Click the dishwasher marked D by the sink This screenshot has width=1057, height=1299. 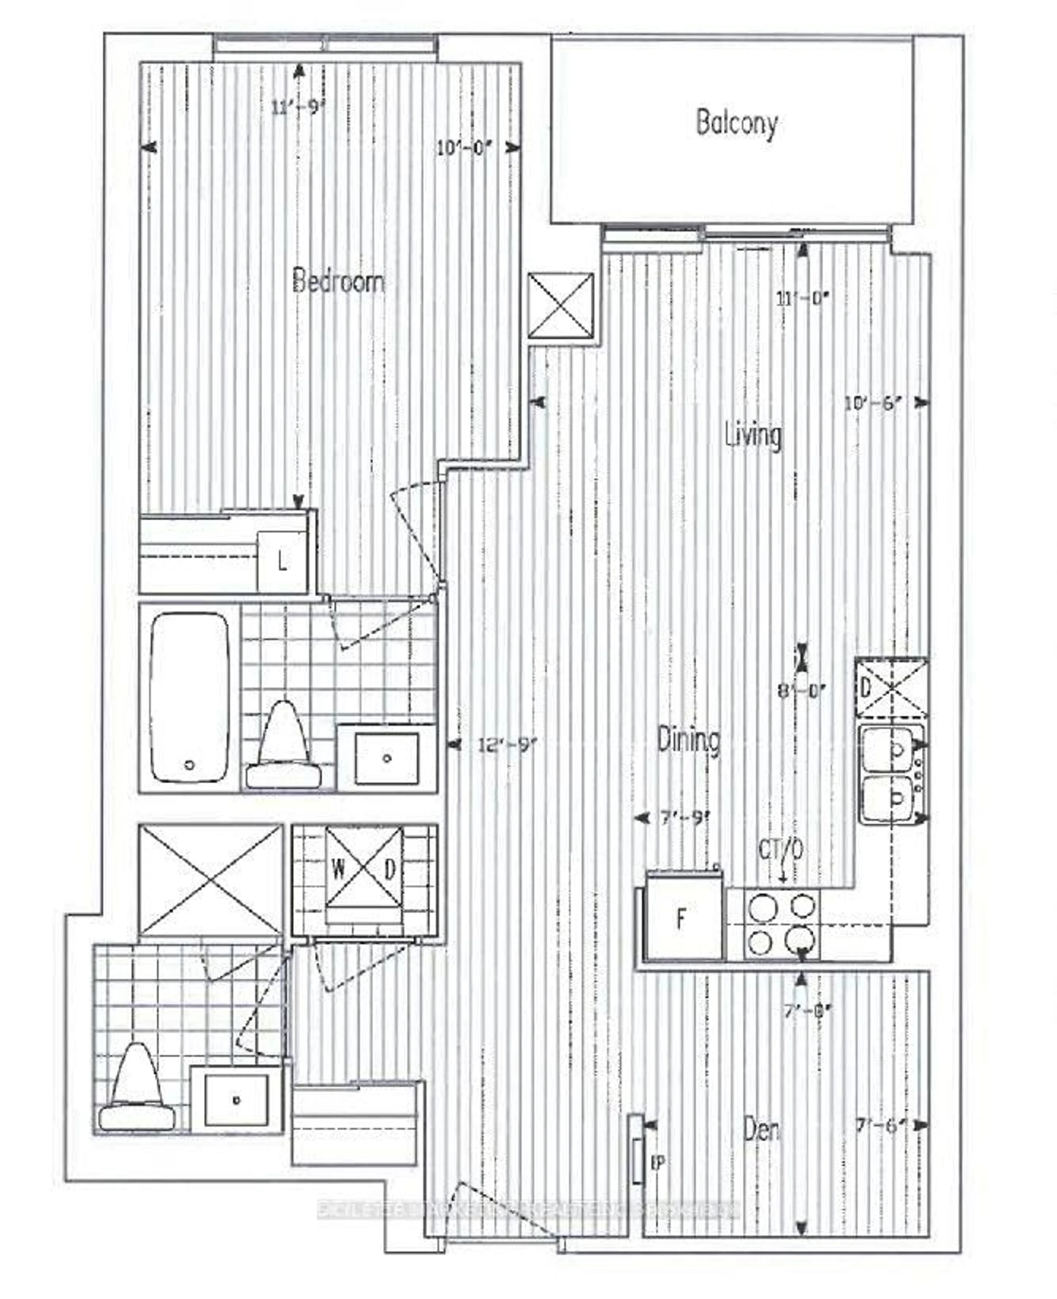pyautogui.click(x=891, y=688)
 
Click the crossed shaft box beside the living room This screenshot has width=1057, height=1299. pyautogui.click(x=560, y=306)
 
